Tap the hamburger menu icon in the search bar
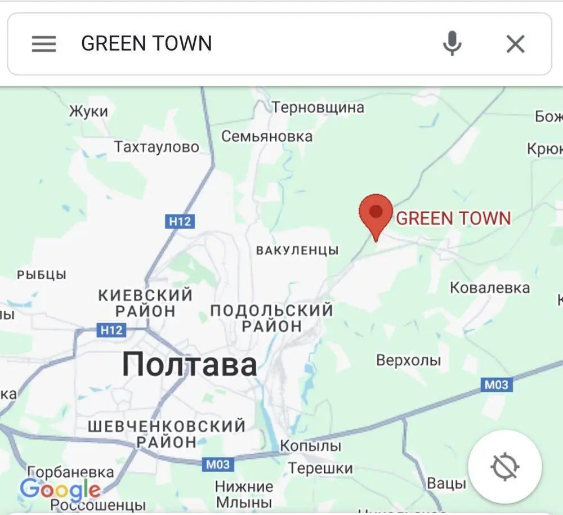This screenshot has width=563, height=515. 44,44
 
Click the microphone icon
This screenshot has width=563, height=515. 452,43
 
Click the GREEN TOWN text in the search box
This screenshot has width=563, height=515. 146,43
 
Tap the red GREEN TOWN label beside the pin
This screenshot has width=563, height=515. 453,218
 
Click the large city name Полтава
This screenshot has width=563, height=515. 190,364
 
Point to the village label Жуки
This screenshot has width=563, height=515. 88,111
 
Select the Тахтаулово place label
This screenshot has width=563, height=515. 157,147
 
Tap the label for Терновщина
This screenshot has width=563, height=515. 318,107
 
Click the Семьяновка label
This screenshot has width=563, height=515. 267,136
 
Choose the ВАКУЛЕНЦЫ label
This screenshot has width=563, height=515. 297,250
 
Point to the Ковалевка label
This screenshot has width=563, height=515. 490,288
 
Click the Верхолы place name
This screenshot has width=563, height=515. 408,360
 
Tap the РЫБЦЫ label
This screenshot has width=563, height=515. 42,275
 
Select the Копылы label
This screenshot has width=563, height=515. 311,446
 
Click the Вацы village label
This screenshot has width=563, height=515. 446,483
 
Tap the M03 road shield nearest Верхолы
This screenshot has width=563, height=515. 496,385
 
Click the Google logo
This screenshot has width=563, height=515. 60,490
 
